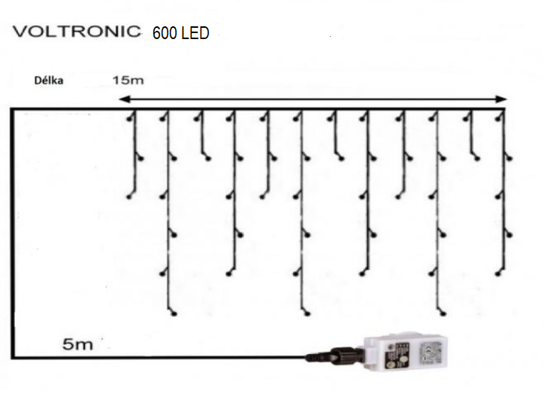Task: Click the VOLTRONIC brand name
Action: click(77, 32)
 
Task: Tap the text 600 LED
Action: click(181, 33)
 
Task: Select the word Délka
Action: click(49, 80)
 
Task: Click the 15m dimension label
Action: click(128, 80)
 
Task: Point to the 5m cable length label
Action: click(77, 344)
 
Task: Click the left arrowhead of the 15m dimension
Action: click(124, 99)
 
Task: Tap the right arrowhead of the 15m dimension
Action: click(501, 99)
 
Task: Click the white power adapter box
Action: click(405, 352)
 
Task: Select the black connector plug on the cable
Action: click(335, 356)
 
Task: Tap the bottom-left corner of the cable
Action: click(13, 356)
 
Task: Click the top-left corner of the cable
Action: click(13, 110)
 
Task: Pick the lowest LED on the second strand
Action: click(174, 314)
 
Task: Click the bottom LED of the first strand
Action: click(129, 197)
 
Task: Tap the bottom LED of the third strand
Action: click(208, 159)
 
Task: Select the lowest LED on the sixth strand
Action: click(307, 314)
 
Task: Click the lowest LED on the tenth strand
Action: click(443, 314)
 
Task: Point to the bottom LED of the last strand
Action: click(498, 274)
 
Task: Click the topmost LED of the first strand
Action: click(129, 119)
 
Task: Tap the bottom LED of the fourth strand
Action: click(228, 274)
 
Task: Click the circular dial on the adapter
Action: click(403, 361)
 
